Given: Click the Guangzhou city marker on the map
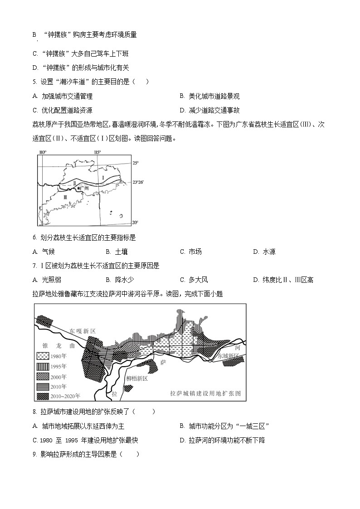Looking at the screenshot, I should [x=79, y=188].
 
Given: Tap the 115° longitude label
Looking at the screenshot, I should [x=97, y=152].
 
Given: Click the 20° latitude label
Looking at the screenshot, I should [x=135, y=222].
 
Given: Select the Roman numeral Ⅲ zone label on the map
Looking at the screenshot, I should [x=66, y=197].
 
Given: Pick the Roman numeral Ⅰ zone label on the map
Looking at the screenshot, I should [x=103, y=177].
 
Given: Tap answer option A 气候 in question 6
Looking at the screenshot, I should [x=44, y=252].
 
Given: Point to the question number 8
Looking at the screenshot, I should [x=35, y=412].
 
